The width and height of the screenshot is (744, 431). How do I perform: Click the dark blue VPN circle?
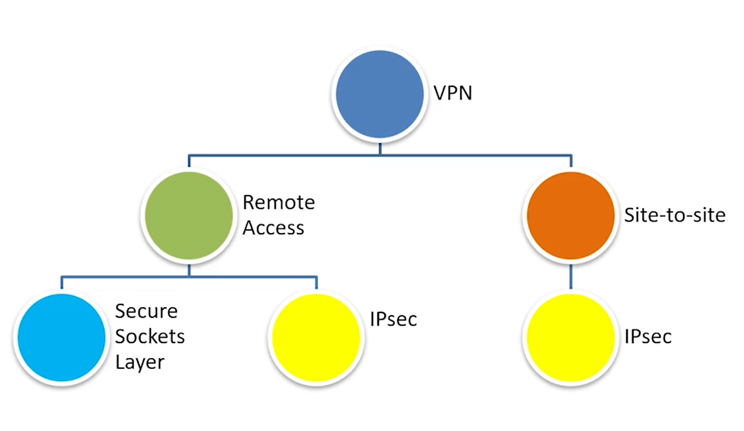click(x=379, y=94)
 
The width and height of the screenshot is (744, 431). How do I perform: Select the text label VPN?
click(x=453, y=93)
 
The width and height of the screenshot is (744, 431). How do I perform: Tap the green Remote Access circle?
click(x=189, y=215)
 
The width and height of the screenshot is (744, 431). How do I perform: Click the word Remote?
click(x=279, y=203)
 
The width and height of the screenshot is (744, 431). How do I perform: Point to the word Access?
click(x=273, y=228)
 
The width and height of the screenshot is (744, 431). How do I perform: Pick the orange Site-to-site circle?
click(x=571, y=215)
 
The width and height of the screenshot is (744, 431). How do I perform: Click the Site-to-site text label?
click(x=675, y=216)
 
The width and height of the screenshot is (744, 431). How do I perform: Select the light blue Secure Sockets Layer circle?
click(x=62, y=337)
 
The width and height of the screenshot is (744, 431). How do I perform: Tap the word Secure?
click(x=146, y=311)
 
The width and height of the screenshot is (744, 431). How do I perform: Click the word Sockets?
click(x=150, y=337)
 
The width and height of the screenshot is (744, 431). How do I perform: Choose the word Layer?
click(x=140, y=362)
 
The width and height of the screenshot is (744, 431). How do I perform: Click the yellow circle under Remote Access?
click(x=316, y=337)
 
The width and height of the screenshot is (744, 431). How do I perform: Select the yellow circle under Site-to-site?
click(x=571, y=337)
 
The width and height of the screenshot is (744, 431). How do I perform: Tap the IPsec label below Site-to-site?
click(x=648, y=337)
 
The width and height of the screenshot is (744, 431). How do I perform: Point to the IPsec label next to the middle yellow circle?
click(x=393, y=319)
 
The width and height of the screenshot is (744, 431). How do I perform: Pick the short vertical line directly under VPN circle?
click(x=379, y=148)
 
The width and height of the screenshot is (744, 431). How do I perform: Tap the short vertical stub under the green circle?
click(x=189, y=269)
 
